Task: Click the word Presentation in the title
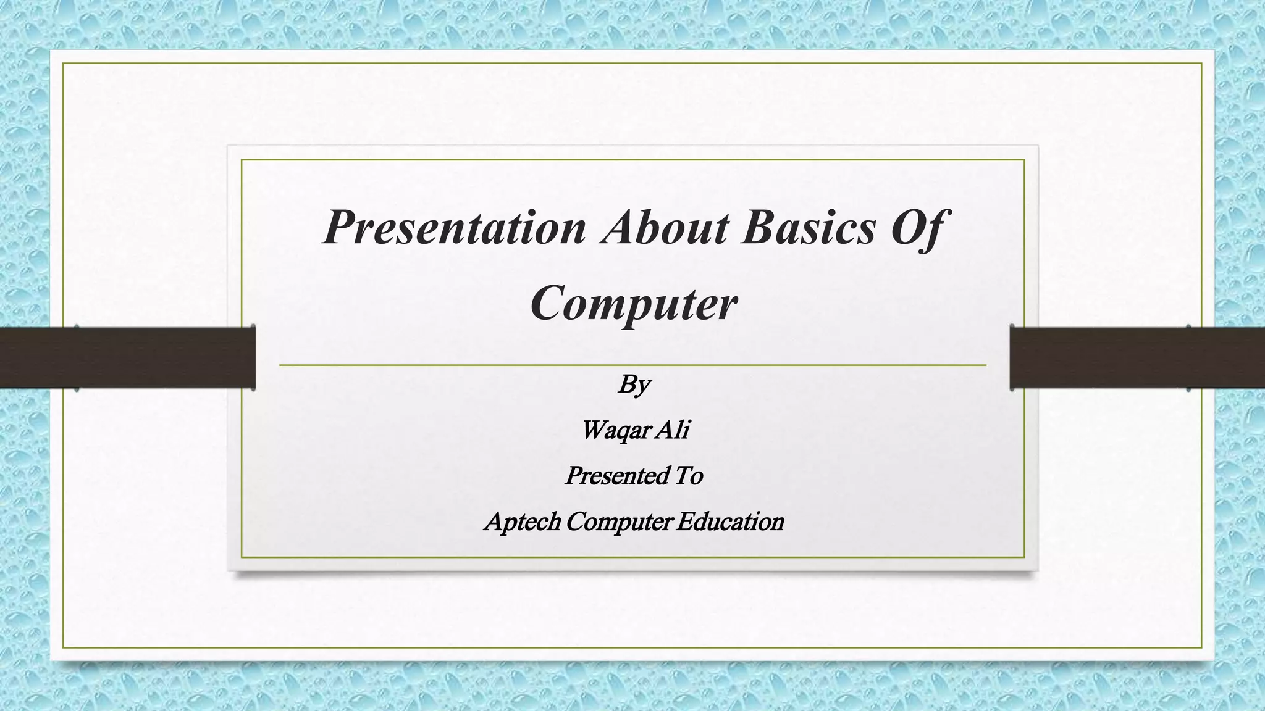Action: point(454,228)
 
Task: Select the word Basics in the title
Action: point(809,228)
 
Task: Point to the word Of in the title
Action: point(916,228)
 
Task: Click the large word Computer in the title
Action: point(634,303)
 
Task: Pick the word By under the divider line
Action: point(634,385)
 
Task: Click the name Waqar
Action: point(613,430)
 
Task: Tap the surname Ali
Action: point(673,430)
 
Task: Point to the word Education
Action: point(729,522)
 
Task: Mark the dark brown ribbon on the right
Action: point(1137,357)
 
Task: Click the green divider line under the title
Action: point(632,365)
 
